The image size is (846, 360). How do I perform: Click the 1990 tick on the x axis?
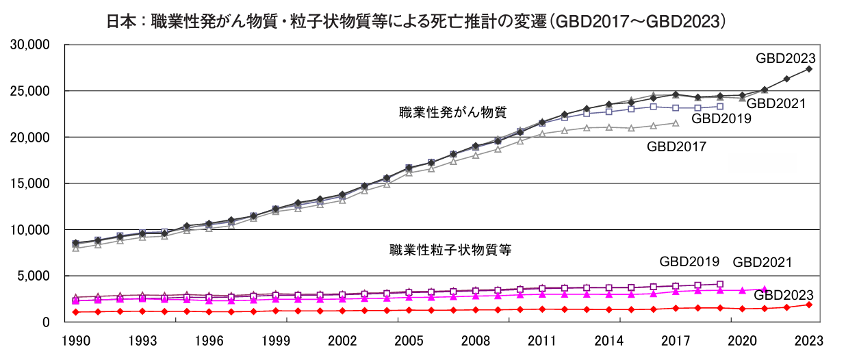coord(75,340)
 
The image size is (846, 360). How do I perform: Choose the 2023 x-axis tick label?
coord(809,340)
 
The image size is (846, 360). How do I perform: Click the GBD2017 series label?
coord(676,146)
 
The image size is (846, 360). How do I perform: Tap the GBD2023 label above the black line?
coord(785,59)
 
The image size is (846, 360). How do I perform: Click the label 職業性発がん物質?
coord(452,112)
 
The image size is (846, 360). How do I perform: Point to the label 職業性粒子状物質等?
coord(450,250)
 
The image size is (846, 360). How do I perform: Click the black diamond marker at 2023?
coord(809,69)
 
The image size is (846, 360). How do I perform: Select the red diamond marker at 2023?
coord(809,305)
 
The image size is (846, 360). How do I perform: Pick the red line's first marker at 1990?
coord(75,312)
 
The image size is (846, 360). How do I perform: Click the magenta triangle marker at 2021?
coord(765,290)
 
